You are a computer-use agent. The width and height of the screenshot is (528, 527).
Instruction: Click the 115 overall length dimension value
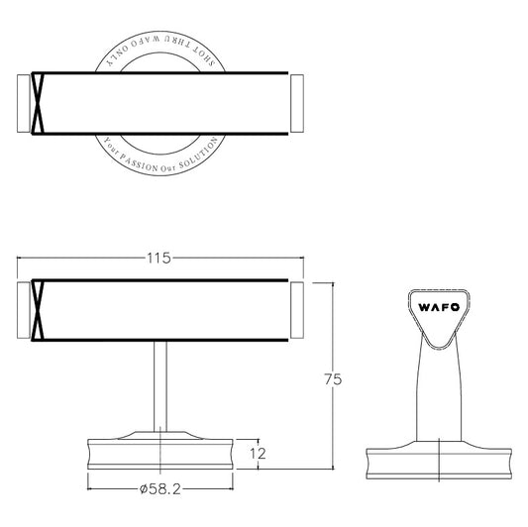(x=159, y=259)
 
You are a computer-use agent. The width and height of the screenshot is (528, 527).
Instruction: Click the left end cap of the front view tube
(x=26, y=311)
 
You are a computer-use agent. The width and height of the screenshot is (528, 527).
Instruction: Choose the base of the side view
(x=441, y=461)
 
